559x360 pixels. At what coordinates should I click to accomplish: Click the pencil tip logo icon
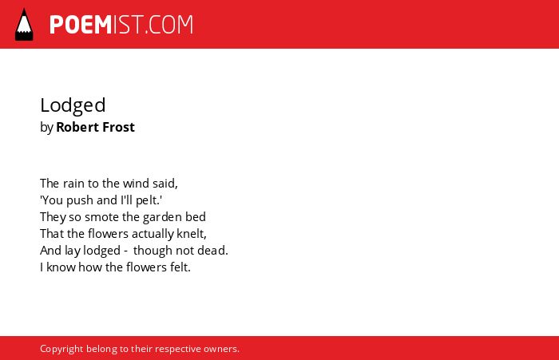tap(24, 24)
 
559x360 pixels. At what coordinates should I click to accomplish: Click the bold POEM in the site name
tap(81, 25)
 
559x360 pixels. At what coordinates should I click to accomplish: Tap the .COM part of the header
tap(168, 25)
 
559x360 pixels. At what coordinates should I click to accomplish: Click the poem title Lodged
tap(73, 105)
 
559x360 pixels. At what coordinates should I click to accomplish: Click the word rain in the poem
tap(73, 184)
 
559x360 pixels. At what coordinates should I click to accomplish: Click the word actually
tap(153, 234)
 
